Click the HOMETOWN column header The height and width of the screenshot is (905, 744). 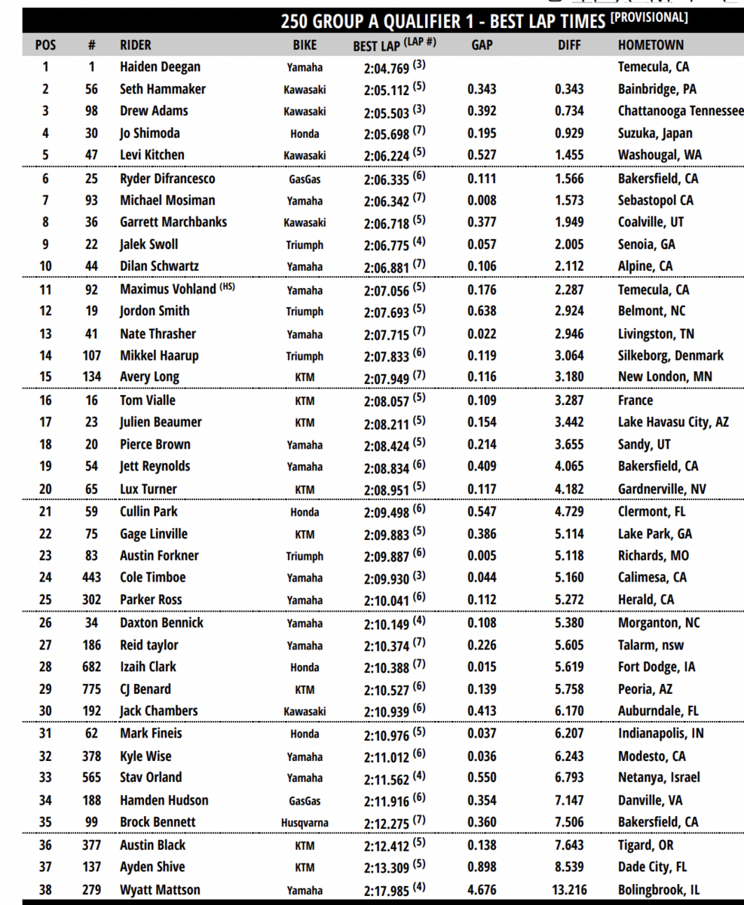point(651,45)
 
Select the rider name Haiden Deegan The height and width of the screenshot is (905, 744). point(160,67)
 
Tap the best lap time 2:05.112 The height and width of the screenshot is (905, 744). point(386,90)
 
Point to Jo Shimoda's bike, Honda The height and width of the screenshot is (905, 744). point(305,133)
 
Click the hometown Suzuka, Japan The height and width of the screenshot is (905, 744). point(655,133)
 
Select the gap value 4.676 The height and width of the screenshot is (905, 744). point(482,891)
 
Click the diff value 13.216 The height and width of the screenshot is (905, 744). point(569,891)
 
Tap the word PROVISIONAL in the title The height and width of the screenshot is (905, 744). point(649,17)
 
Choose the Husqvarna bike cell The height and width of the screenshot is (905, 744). point(305,823)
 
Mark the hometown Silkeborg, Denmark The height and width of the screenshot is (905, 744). point(670,355)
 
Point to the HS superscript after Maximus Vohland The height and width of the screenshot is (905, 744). point(227,286)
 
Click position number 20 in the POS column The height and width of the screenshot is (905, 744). point(45,489)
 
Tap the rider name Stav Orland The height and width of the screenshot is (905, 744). point(151,778)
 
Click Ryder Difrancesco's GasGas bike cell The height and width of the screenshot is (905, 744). point(305,179)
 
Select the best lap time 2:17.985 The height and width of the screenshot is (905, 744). point(386,891)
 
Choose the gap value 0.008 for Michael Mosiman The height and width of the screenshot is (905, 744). point(482,201)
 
